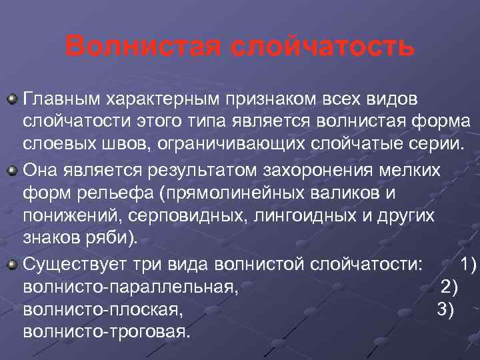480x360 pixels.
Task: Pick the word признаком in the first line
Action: pyautogui.click(x=265, y=99)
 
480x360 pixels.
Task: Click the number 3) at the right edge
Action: pyautogui.click(x=445, y=310)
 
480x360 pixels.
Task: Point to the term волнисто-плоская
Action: pyautogui.click(x=102, y=310)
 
